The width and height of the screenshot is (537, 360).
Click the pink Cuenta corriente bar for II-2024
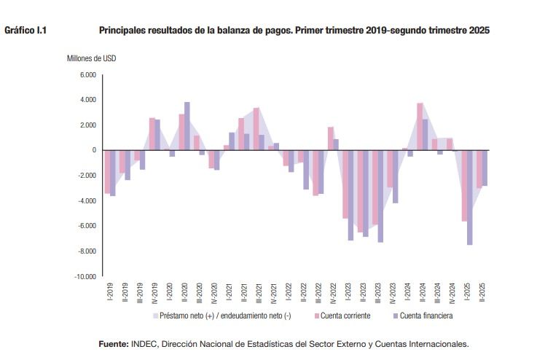point(420,126)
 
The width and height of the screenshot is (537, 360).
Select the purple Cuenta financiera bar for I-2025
point(470,197)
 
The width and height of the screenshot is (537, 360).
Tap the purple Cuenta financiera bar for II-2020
point(187,126)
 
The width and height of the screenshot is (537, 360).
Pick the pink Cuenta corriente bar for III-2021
point(256,129)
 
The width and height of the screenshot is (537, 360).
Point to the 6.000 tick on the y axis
point(88,75)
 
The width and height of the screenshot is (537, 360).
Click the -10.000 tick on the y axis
point(85,277)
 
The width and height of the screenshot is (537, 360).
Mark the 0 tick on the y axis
point(94,150)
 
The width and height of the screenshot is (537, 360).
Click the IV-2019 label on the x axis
point(154,293)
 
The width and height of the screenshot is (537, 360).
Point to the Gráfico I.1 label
point(26,31)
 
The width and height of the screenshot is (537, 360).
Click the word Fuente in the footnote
point(113,344)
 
